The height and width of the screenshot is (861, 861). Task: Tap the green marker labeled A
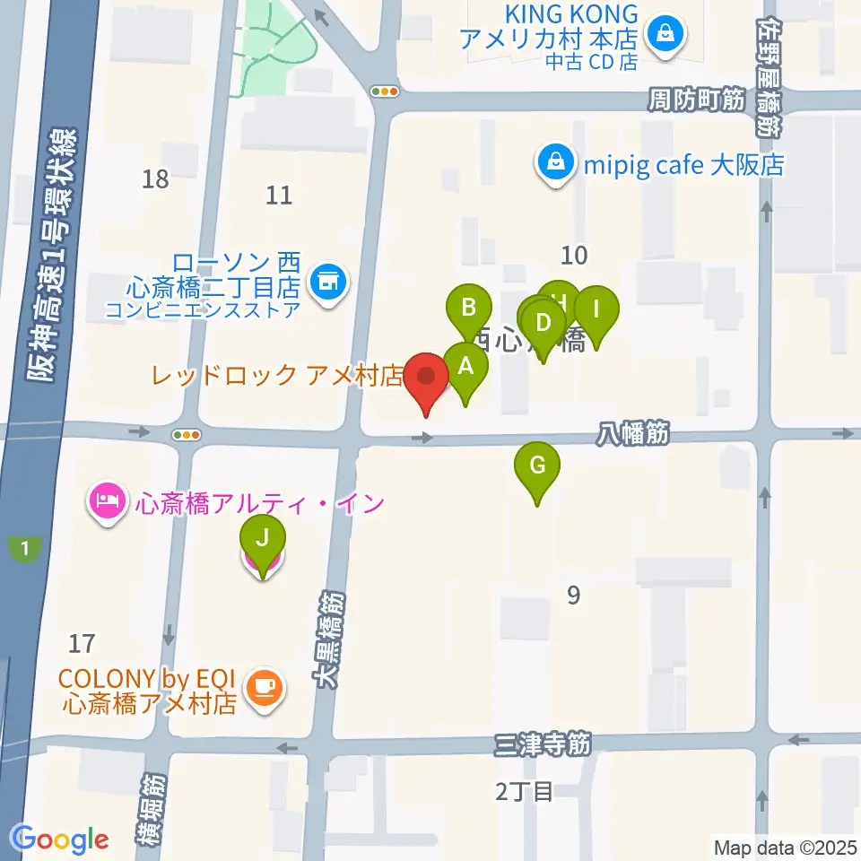click(465, 368)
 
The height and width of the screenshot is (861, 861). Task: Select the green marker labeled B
click(469, 309)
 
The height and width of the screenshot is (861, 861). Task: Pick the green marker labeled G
click(537, 467)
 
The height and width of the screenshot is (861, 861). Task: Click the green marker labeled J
click(263, 541)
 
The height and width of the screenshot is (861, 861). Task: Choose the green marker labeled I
click(596, 311)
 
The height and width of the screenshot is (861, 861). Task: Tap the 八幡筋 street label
click(633, 436)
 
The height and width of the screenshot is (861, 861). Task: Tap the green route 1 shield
click(26, 548)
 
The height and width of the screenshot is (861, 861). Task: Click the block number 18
click(155, 179)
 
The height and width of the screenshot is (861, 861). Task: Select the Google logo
click(60, 839)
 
